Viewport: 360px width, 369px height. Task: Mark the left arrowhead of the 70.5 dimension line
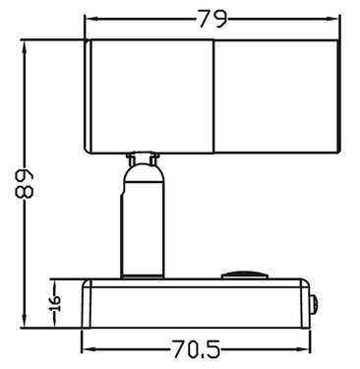(87, 347)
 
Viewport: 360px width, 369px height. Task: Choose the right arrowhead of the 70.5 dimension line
(311, 347)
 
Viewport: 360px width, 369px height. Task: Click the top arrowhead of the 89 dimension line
(27, 44)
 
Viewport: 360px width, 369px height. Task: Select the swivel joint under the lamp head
(144, 160)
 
